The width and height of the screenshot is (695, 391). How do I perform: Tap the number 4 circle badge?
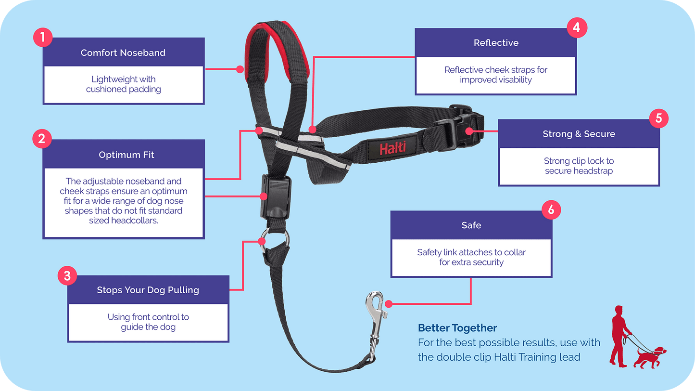click(x=577, y=28)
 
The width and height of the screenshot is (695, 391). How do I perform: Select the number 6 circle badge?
click(x=551, y=210)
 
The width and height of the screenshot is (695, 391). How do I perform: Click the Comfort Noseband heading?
click(x=123, y=52)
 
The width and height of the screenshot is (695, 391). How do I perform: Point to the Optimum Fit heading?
click(x=126, y=155)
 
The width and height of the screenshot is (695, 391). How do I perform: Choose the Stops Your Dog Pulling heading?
click(x=148, y=290)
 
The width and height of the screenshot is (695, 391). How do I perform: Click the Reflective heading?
click(x=496, y=43)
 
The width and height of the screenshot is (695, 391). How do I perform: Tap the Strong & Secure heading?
click(x=579, y=134)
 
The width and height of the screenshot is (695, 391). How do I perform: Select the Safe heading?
click(x=471, y=225)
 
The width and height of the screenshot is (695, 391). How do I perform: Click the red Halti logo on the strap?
click(x=392, y=147)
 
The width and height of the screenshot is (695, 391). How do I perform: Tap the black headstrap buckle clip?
click(x=459, y=126)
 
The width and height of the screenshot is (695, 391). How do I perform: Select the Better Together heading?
click(x=457, y=328)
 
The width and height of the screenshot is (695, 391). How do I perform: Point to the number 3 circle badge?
click(x=67, y=275)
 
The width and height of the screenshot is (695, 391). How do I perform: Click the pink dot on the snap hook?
click(x=389, y=304)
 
